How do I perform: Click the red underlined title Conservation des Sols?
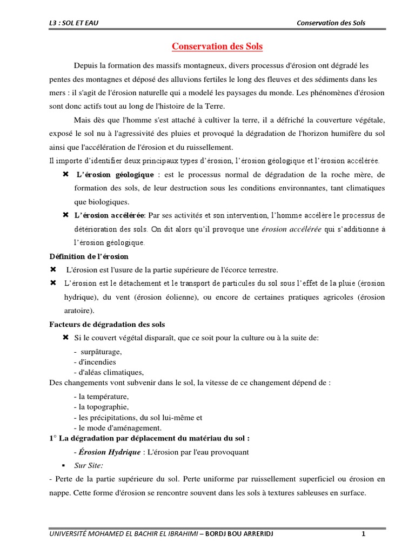pos(217,47)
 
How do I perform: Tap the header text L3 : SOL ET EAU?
pos(73,22)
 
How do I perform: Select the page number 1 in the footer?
pos(364,535)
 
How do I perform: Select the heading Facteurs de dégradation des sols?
pos(107,324)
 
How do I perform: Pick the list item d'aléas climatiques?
pos(109,372)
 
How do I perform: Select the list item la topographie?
pos(101,407)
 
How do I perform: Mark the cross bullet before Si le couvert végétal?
pos(65,338)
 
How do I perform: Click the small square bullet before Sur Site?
pos(64,465)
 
